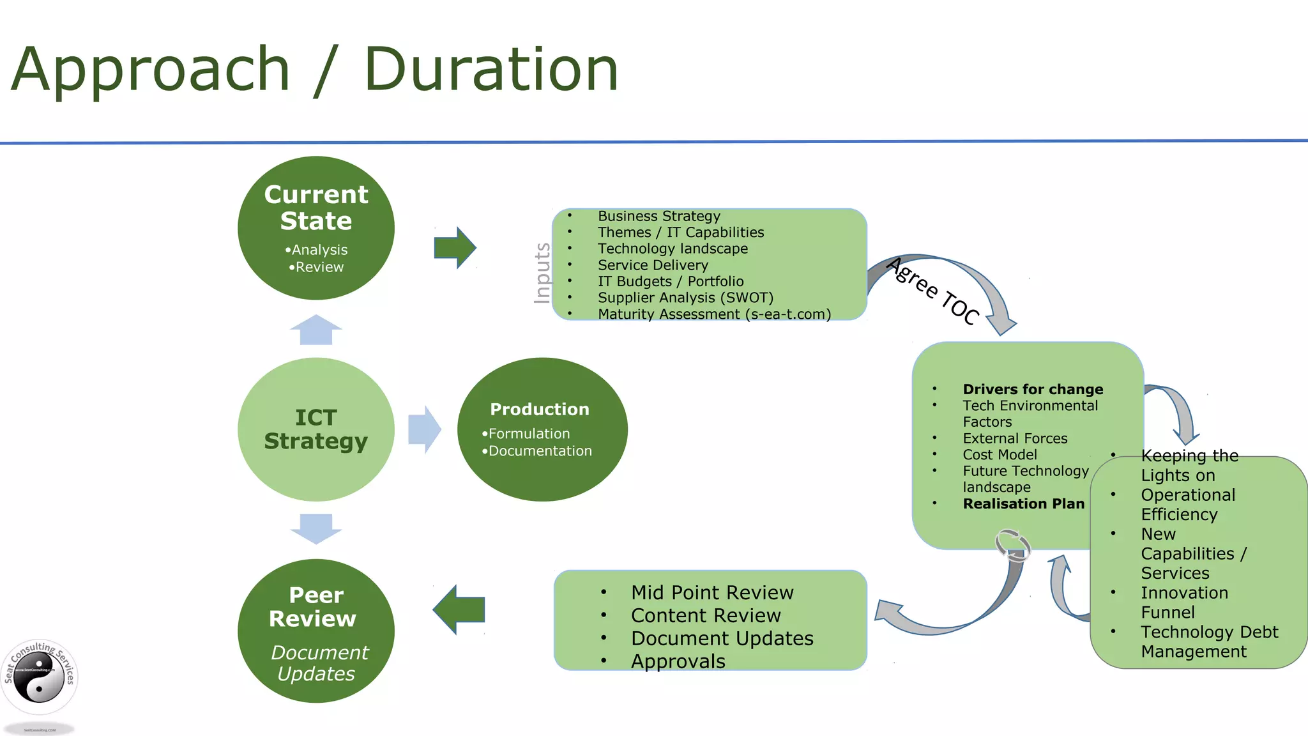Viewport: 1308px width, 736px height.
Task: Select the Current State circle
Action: click(316, 228)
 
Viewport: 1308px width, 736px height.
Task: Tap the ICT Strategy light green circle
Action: click(316, 429)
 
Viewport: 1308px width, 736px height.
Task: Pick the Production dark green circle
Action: click(542, 429)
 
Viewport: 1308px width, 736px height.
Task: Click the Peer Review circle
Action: click(316, 631)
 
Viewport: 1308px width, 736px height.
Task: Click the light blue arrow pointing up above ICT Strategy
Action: click(316, 330)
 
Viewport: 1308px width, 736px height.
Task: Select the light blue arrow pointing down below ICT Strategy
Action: click(316, 528)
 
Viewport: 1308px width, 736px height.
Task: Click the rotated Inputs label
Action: click(542, 273)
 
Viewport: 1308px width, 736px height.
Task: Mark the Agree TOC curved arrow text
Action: click(933, 291)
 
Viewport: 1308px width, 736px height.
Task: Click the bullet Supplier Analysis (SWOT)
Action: click(685, 298)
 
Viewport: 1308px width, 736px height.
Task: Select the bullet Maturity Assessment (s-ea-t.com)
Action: click(714, 314)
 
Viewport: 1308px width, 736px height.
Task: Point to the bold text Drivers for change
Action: click(1033, 389)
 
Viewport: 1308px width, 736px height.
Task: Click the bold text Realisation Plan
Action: click(1023, 503)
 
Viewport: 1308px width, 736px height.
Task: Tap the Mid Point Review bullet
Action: click(711, 593)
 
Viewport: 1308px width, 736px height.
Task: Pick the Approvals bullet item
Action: click(678, 661)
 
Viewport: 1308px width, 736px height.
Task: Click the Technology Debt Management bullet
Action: click(1208, 641)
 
